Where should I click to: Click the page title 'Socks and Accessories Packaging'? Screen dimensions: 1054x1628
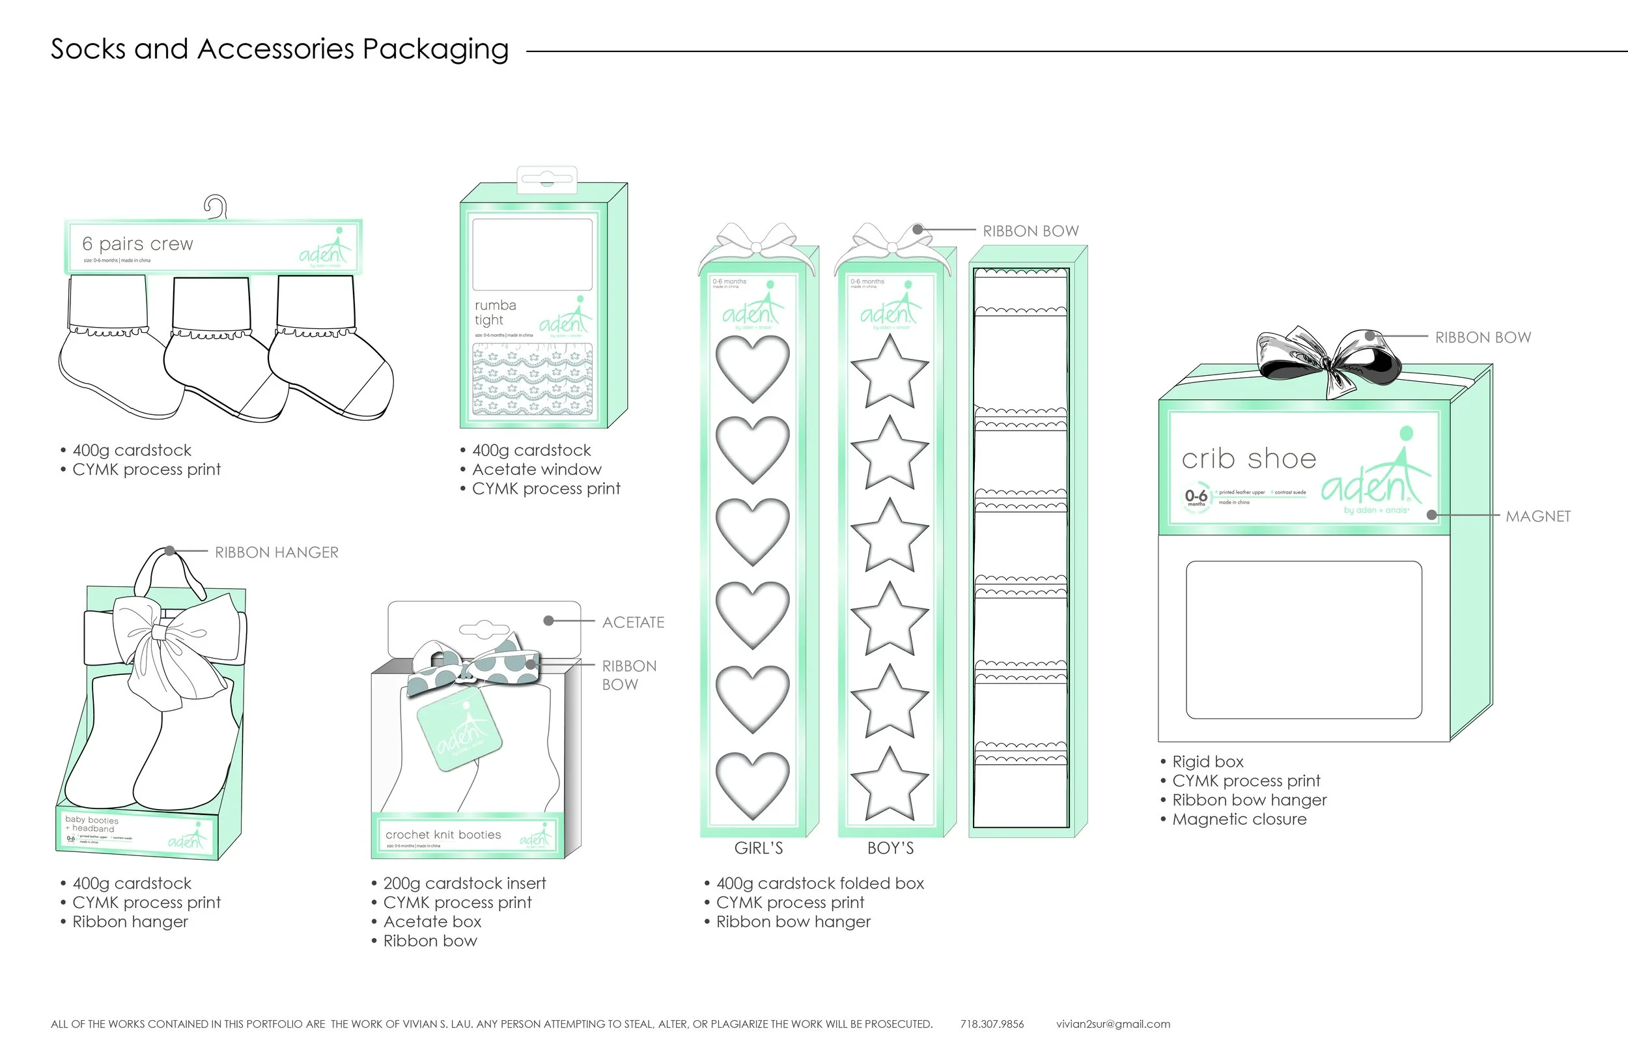point(279,50)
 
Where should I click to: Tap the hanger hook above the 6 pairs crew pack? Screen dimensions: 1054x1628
point(216,206)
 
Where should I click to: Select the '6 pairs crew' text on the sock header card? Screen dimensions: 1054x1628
point(137,244)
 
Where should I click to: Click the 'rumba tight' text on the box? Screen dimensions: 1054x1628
point(496,313)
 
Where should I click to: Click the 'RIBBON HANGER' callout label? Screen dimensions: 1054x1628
point(276,552)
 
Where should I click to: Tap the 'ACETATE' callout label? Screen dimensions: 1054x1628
point(633,622)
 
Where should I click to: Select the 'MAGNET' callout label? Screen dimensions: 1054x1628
point(1537,517)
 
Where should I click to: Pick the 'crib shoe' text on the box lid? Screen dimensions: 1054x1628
point(1248,459)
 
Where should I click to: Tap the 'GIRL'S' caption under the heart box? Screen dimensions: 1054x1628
point(758,848)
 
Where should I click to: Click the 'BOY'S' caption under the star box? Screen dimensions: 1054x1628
point(890,848)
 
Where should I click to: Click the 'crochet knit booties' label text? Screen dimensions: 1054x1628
point(443,834)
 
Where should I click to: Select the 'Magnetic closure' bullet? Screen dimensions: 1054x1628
point(1239,819)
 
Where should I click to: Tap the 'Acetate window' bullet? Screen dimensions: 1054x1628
point(537,470)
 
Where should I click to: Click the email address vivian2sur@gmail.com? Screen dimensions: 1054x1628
point(1113,1024)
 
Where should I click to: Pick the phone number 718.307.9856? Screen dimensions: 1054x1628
point(992,1024)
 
